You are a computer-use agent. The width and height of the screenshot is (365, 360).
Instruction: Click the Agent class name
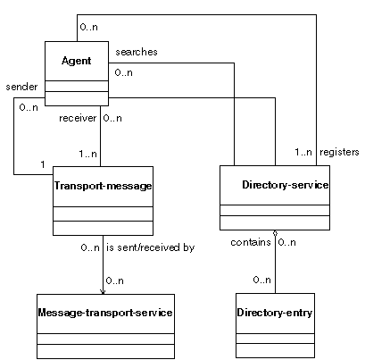point(77,61)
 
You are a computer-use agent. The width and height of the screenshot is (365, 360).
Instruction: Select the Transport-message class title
point(103,186)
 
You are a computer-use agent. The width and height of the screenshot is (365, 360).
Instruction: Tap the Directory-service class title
point(286,185)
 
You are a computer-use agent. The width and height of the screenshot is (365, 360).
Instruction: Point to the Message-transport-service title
point(105,313)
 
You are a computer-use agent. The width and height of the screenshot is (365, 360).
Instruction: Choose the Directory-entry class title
point(275,313)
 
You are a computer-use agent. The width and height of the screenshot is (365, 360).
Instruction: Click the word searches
point(137,52)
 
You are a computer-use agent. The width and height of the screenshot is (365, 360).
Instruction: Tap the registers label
point(339,152)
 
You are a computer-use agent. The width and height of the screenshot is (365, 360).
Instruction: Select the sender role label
point(21,87)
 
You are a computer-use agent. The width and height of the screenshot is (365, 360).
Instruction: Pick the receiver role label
point(78,118)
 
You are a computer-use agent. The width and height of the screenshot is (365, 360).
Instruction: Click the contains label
point(251,242)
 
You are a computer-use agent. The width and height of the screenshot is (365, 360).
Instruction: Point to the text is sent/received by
point(151,247)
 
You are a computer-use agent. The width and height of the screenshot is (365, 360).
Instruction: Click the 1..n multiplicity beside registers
point(303,152)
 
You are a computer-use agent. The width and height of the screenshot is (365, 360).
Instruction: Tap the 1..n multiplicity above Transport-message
point(87,154)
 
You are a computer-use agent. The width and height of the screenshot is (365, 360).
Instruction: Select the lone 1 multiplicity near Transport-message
point(43,164)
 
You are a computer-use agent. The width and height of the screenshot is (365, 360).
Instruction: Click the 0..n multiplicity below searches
point(123,72)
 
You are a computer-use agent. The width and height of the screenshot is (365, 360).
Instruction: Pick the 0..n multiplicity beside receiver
point(112,118)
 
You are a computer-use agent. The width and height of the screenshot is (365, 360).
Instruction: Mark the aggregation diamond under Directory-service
point(275,233)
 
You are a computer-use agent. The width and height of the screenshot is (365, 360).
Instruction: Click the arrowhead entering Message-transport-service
point(103,292)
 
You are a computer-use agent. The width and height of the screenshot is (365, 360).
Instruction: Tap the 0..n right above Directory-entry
point(262,280)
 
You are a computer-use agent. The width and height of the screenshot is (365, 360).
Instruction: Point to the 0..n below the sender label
point(29,107)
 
